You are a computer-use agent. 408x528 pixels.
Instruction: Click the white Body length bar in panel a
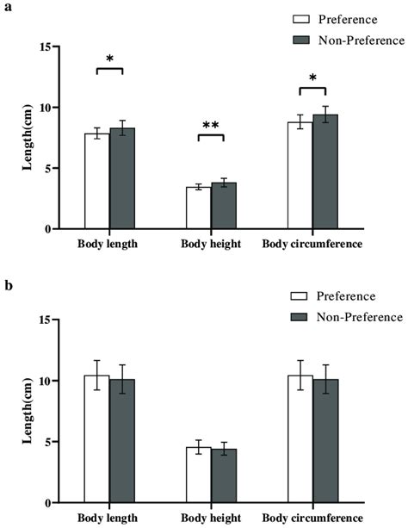tap(96, 182)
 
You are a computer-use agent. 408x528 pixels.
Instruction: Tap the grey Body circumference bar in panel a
tap(325, 171)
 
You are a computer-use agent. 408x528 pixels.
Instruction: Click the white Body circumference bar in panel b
tap(300, 438)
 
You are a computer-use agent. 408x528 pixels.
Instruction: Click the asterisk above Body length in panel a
tap(109, 59)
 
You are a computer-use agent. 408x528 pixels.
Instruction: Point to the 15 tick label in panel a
tap(56, 47)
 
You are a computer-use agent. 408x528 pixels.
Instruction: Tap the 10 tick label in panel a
tap(56, 108)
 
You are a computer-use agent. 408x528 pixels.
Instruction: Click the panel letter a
tap(7, 7)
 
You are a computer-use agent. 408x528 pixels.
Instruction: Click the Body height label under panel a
tap(210, 245)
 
